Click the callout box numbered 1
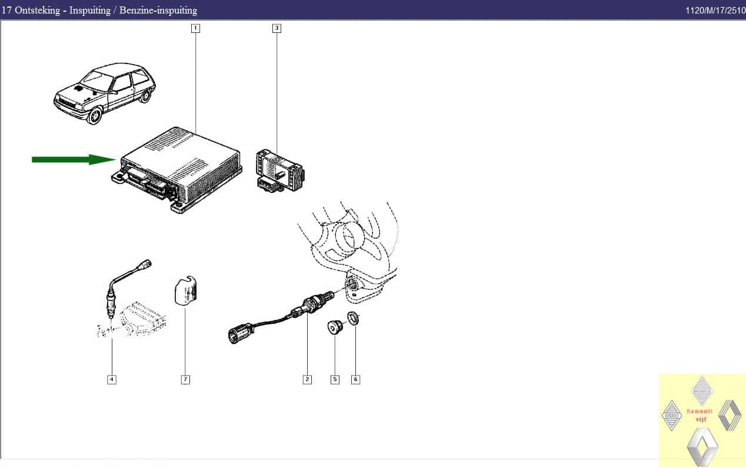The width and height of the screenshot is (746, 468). click(x=195, y=28)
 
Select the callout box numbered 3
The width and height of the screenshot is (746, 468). click(x=277, y=28)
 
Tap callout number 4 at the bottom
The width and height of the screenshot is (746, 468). click(x=112, y=379)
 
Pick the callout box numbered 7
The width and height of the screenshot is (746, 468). click(x=185, y=379)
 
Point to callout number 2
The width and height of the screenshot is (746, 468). click(x=307, y=379)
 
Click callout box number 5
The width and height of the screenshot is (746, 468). click(x=335, y=379)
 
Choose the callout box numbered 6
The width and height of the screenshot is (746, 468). click(x=356, y=379)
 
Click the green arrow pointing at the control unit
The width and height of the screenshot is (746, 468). click(x=74, y=159)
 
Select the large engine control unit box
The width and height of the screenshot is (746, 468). click(x=177, y=170)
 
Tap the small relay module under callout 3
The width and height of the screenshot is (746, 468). click(x=280, y=171)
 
